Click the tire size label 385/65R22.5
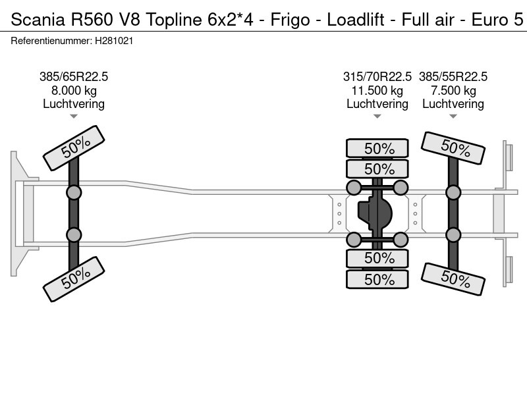click(74, 77)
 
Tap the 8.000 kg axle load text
click(74, 91)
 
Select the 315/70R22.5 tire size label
click(377, 77)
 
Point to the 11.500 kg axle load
click(377, 91)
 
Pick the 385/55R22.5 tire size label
click(453, 77)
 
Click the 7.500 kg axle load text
click(453, 91)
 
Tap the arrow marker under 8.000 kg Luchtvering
click(74, 117)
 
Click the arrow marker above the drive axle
click(377, 117)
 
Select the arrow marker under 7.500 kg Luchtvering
click(453, 117)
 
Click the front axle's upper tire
click(74, 149)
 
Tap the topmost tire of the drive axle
click(377, 149)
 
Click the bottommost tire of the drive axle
click(377, 279)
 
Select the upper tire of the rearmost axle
click(453, 149)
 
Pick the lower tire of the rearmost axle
click(453, 278)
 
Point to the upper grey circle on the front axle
click(74, 192)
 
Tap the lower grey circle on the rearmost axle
click(453, 235)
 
